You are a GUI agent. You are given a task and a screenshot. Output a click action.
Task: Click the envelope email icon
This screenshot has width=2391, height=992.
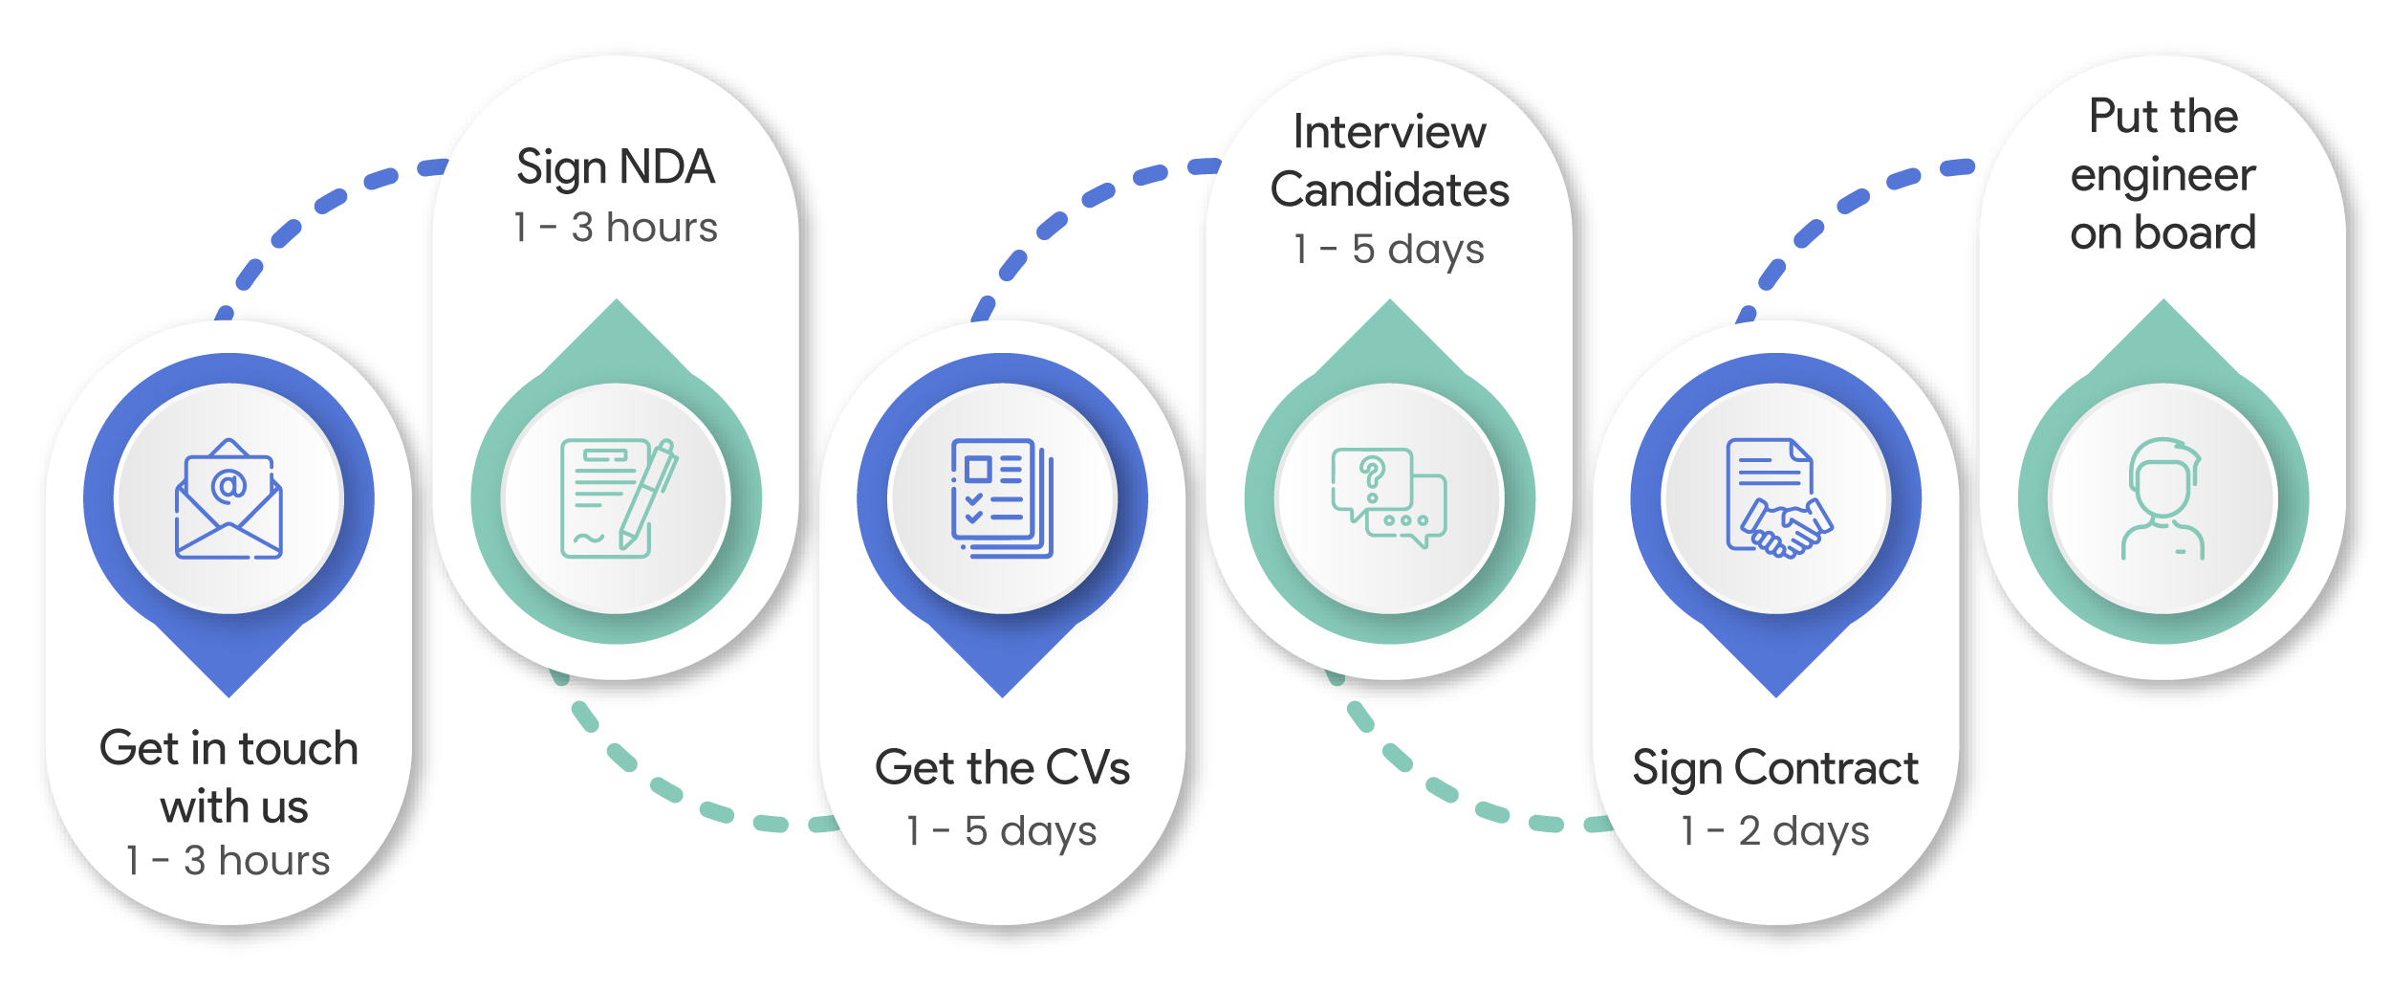point(228,498)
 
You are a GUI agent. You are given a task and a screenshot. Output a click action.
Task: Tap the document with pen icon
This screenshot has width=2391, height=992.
point(619,498)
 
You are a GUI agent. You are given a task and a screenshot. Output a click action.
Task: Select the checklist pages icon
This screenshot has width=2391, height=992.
point(1002,498)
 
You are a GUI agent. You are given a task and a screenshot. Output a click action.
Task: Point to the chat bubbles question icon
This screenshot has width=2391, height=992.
point(1389,497)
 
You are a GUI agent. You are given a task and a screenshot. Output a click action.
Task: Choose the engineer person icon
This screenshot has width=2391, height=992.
point(2163,498)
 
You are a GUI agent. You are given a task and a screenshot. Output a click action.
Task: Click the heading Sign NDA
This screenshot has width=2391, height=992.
point(616,168)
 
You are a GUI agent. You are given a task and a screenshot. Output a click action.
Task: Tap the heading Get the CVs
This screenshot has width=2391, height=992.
point(1002,767)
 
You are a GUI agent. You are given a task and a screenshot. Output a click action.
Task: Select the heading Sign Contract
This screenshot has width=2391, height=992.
point(1775,769)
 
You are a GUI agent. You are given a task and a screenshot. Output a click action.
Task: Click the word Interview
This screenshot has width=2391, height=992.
point(1389,132)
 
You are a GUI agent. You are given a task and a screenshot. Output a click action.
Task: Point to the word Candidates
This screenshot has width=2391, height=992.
point(1389,189)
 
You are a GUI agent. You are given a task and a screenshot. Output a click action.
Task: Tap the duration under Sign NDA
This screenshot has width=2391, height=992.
point(616,228)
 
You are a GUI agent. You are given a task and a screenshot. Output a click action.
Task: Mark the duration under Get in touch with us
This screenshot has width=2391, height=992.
point(228,861)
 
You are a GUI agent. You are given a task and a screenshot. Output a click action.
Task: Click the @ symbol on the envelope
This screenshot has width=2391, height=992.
point(228,486)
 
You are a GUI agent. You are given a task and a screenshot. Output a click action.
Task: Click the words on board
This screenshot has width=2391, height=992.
point(2163,233)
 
